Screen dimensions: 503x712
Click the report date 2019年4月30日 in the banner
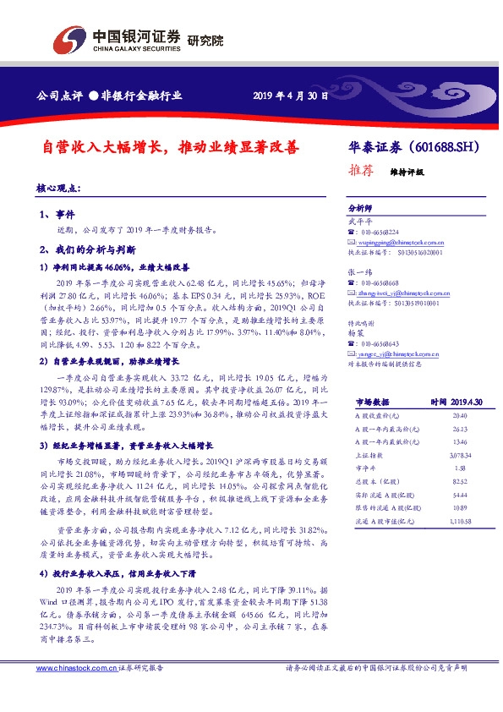point(290,96)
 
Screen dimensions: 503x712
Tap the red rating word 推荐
point(362,169)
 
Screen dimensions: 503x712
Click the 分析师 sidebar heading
point(360,208)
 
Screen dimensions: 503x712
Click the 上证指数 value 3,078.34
point(436,453)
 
